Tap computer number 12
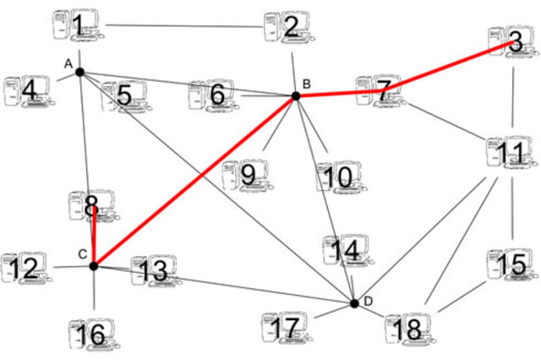[x=25, y=269]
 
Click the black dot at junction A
[x=79, y=72]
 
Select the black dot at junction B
[x=296, y=96]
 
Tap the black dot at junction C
[x=94, y=266]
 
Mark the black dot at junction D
[x=355, y=303]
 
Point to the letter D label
[x=368, y=302]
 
